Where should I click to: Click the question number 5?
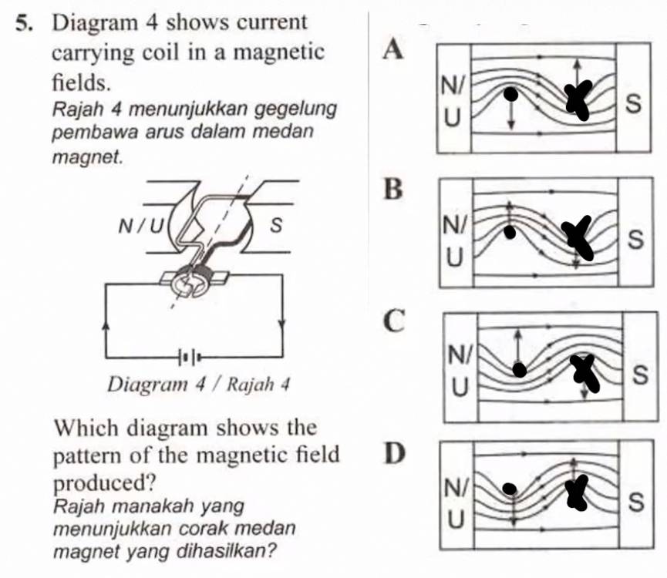coord(22,22)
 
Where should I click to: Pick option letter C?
coord(395,323)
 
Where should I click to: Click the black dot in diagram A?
coord(510,95)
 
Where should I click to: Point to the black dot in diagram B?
coord(508,230)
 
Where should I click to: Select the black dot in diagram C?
coord(520,371)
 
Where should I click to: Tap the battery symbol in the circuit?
coord(191,357)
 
